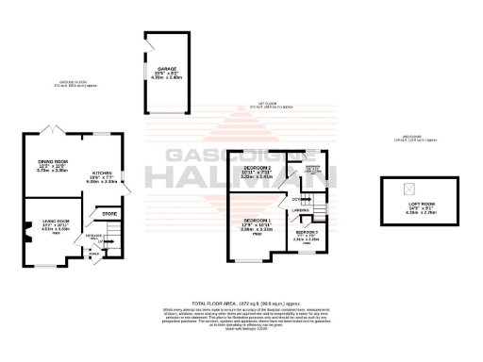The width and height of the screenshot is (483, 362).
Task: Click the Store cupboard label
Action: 108,215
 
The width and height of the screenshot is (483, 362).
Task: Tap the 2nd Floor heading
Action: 412,139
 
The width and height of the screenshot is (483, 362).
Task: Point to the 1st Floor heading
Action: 272,106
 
